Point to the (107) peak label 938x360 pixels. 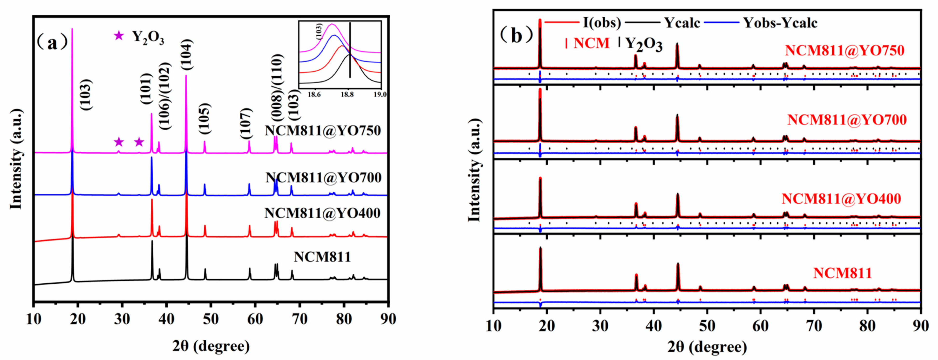[246, 128]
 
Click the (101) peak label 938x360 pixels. [146, 88]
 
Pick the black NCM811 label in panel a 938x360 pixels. [322, 257]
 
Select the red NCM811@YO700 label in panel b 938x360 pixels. [847, 120]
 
